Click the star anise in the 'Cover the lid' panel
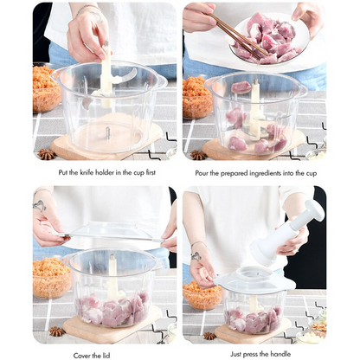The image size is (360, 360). click(x=58, y=331)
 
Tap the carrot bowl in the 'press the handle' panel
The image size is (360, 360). click(x=202, y=294)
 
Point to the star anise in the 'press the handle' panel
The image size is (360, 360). click(x=209, y=335)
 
